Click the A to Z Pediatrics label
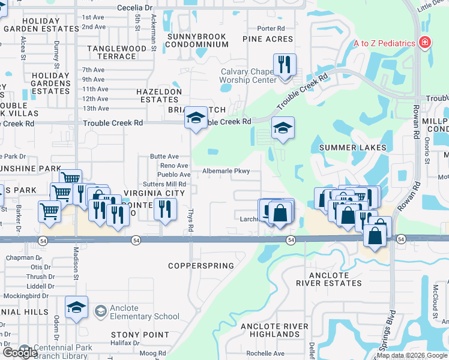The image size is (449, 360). click(x=384, y=43)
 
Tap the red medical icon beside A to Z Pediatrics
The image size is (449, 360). click(x=425, y=43)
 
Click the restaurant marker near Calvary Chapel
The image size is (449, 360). click(x=283, y=64)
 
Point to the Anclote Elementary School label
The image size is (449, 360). click(x=141, y=312)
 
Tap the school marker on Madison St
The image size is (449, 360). click(x=76, y=307)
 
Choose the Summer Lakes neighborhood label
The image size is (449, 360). click(x=352, y=148)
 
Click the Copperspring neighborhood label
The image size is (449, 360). click(x=200, y=265)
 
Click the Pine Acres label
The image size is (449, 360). click(x=268, y=39)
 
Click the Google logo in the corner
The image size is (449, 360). click(x=20, y=352)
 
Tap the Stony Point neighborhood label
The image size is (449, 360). click(x=140, y=334)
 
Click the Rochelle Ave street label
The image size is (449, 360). click(x=265, y=353)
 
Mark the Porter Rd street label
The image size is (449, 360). click(x=271, y=28)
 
